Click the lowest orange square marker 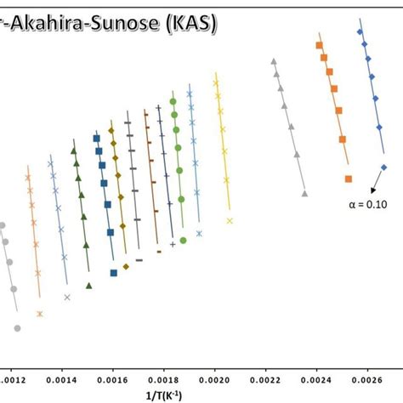click(349, 179)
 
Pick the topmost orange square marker click(319, 45)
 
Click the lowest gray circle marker click(17, 328)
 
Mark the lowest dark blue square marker click(114, 273)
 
